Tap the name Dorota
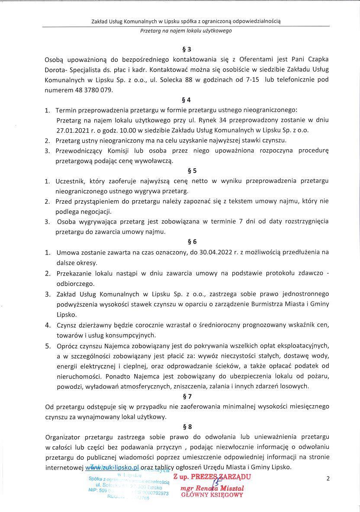coord(55,70)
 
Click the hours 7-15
coord(267,80)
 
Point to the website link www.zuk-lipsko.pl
coord(112,467)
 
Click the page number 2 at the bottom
coord(328,478)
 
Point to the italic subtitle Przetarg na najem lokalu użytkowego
coord(186,31)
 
